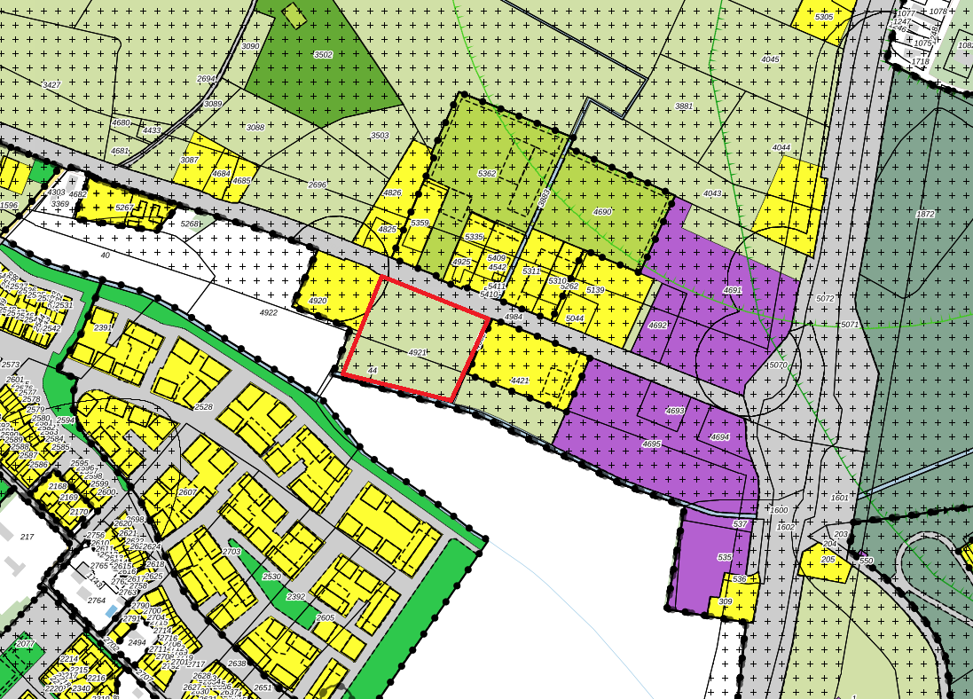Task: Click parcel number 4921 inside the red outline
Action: tap(420, 352)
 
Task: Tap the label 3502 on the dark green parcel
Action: tap(323, 55)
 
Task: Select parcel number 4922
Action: tap(268, 312)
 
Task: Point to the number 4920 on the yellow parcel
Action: tap(318, 302)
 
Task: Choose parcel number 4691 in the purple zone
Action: tap(732, 290)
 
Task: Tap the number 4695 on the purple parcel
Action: tap(652, 444)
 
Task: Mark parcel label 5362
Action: tap(487, 173)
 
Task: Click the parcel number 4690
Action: tap(602, 212)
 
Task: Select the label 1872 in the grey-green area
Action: tap(925, 214)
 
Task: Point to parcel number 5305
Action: tap(824, 17)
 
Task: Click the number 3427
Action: tap(51, 84)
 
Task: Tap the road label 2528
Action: tap(204, 406)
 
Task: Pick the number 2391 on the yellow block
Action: tap(104, 327)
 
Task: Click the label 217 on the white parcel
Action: tap(27, 537)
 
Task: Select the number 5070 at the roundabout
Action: tap(776, 365)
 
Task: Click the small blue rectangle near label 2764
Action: tap(110, 611)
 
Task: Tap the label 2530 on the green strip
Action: tap(271, 577)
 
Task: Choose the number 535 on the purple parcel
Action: tap(725, 557)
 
